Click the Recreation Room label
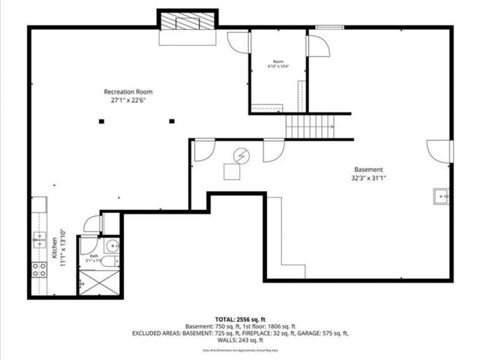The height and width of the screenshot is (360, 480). click(124, 91)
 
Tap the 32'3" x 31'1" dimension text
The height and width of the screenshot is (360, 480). click(365, 179)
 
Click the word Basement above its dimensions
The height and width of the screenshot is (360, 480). click(368, 170)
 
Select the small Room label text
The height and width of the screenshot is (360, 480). click(278, 61)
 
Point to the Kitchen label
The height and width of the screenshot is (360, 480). click(54, 248)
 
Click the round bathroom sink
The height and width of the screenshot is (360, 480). click(113, 246)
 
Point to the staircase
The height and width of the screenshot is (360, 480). click(310, 127)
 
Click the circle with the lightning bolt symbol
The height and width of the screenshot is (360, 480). click(241, 156)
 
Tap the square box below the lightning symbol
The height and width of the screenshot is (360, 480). click(232, 172)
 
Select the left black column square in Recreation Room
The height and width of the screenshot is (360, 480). click(101, 122)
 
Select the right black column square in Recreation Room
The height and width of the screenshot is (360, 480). click(172, 122)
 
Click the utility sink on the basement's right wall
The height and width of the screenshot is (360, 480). click(442, 196)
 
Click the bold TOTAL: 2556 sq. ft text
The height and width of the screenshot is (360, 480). click(239, 319)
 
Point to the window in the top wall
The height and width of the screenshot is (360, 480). click(329, 27)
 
